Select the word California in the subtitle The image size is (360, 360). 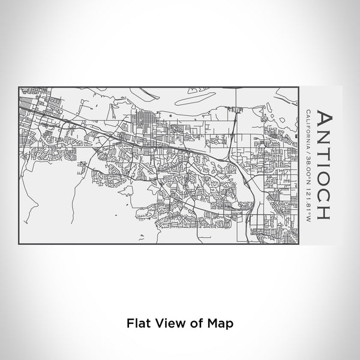coord(308,128)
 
